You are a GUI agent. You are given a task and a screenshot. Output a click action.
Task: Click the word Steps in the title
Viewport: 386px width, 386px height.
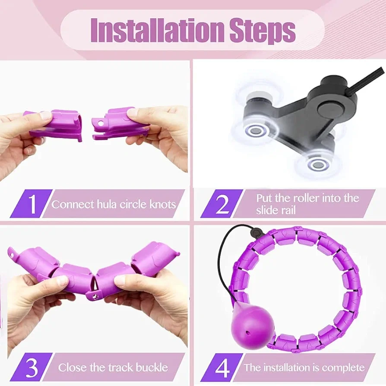point(262,32)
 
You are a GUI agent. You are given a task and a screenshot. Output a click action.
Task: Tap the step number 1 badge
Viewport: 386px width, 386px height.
point(31,204)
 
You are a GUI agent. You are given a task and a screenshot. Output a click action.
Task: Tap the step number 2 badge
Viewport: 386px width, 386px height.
point(221,204)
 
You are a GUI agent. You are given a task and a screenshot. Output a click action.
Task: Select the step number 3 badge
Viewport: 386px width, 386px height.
point(31,367)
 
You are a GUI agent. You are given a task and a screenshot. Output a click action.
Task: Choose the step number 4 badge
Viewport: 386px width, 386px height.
point(221,367)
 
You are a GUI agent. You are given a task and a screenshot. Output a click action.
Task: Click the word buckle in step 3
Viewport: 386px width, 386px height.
point(152,367)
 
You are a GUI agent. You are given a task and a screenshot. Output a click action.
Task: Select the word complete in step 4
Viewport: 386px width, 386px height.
point(343,368)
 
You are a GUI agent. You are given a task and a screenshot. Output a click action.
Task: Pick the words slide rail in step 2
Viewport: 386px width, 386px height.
point(275,210)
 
